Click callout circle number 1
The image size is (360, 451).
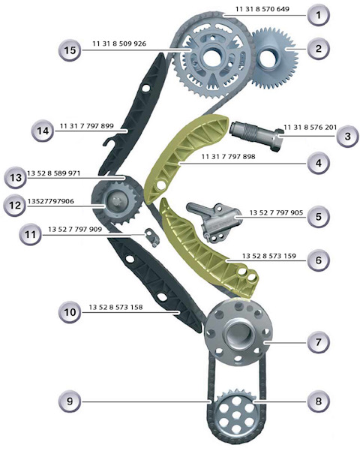point(318,14)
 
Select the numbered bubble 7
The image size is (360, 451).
point(318,342)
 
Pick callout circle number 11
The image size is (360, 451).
point(28,234)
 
